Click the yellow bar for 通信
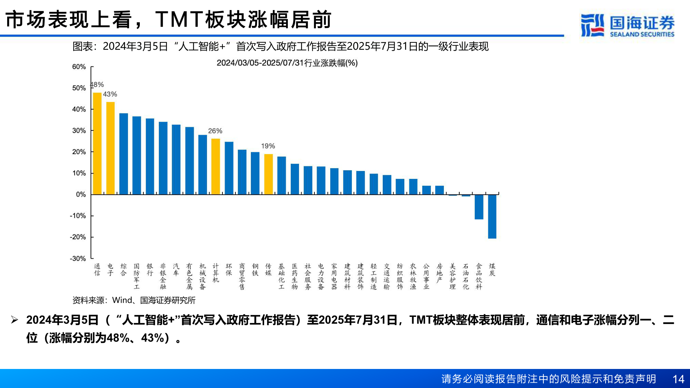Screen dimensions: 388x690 click(97, 144)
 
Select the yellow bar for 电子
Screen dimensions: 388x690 click(110, 148)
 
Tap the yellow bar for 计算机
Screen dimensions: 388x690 click(216, 166)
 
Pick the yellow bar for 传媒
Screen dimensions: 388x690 click(268, 174)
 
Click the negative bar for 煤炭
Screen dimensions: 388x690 click(492, 216)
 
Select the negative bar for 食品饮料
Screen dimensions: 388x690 click(479, 207)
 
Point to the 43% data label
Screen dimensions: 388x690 click(110, 94)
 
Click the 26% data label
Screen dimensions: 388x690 click(215, 131)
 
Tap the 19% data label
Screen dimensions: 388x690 click(268, 146)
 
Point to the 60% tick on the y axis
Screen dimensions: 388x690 click(79, 67)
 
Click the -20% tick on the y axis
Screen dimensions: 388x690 click(78, 237)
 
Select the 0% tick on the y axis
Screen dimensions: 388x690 click(81, 194)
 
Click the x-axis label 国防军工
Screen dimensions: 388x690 click(137, 276)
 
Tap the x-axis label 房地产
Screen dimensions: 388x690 click(440, 273)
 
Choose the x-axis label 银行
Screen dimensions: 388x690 click(150, 269)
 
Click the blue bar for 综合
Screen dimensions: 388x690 click(124, 154)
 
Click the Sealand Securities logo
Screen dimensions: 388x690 click(627, 25)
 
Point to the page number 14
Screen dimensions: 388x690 click(678, 379)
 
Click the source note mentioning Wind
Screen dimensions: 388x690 click(134, 300)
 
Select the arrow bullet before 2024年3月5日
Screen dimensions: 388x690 click(14, 320)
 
